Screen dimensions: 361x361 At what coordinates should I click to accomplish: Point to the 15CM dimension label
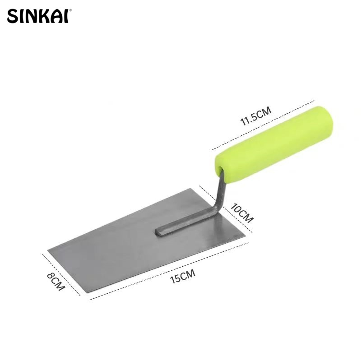coord(182,275)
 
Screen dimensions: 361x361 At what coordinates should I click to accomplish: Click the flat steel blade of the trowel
coord(135,244)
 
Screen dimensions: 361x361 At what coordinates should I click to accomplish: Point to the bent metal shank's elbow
coord(215,208)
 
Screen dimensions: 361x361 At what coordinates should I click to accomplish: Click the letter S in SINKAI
coord(13,17)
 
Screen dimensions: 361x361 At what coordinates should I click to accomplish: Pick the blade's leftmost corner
coord(48,249)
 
